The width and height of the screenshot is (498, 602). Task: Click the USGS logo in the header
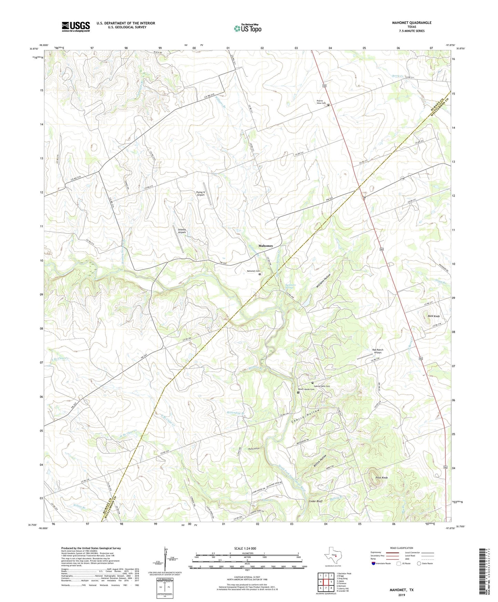(76, 27)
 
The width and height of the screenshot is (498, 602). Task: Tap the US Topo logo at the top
(247, 28)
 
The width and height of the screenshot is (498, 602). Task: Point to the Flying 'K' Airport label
(200, 193)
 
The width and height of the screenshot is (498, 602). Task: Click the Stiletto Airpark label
(182, 231)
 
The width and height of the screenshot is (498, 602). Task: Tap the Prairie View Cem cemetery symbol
(328, 105)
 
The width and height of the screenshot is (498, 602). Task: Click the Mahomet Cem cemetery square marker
(260, 274)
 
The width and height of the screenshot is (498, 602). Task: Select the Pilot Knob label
(382, 478)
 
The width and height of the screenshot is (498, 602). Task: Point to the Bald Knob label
(434, 316)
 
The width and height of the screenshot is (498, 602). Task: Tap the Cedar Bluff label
(315, 501)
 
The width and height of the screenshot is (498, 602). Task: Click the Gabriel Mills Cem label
(322, 386)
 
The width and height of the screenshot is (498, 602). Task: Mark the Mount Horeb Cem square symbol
(298, 392)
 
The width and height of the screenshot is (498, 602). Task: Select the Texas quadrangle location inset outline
(333, 557)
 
